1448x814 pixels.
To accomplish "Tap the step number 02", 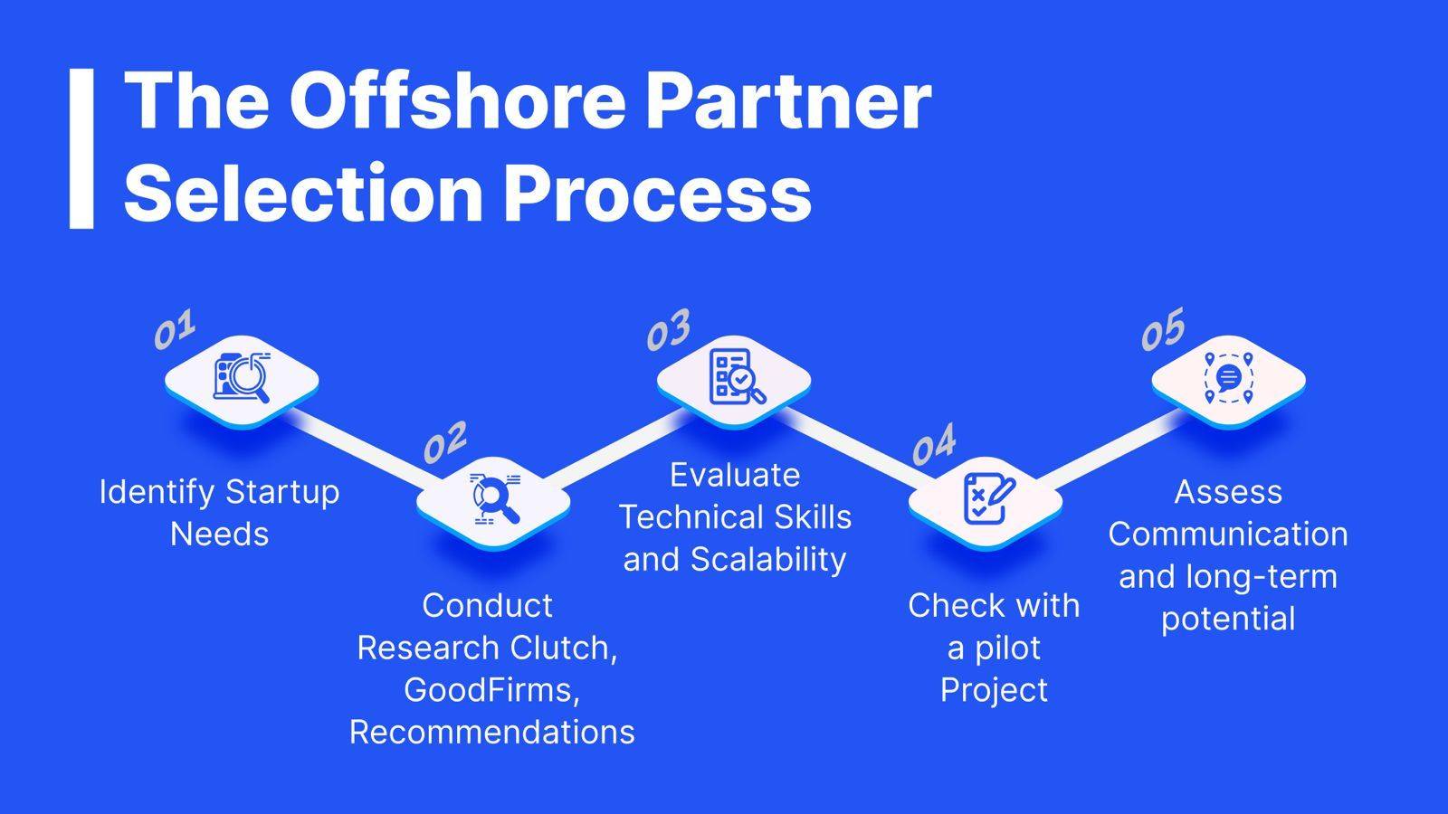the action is pyautogui.click(x=444, y=442).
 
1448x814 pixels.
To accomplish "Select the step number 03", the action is pyautogui.click(x=669, y=329).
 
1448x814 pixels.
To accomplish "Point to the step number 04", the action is pyautogui.click(x=933, y=444).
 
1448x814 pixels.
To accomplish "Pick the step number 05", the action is pyautogui.click(x=1163, y=329).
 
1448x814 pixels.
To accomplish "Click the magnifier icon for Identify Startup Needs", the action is pyautogui.click(x=242, y=377).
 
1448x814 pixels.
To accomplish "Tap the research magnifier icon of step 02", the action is pyautogui.click(x=494, y=498).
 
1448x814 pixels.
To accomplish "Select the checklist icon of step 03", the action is pyautogui.click(x=737, y=376).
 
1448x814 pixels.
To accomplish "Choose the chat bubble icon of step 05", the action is pyautogui.click(x=1228, y=378).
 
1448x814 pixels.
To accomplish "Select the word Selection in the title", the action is pyautogui.click(x=303, y=193).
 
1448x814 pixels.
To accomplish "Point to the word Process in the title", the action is pyautogui.click(x=657, y=193).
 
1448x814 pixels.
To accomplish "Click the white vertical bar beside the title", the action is pyautogui.click(x=81, y=148).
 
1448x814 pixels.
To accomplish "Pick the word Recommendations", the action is pyautogui.click(x=492, y=733).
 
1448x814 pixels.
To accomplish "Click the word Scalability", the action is pyautogui.click(x=768, y=560).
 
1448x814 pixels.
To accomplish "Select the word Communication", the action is pyautogui.click(x=1228, y=535).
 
